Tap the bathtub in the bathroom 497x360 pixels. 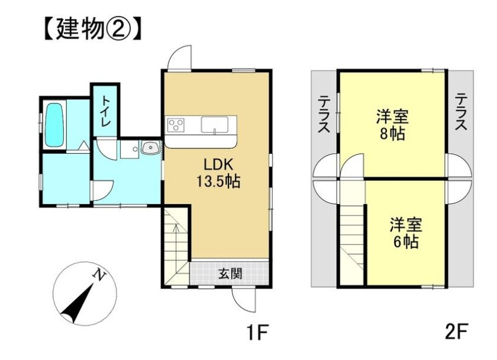(x=54, y=125)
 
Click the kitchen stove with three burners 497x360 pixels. (x=176, y=125)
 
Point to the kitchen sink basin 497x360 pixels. (x=214, y=125)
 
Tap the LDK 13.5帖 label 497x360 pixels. (x=218, y=173)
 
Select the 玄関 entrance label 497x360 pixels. (x=230, y=274)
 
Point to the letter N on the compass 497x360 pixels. (x=99, y=274)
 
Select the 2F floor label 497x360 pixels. (x=456, y=331)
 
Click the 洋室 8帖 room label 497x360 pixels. (x=392, y=124)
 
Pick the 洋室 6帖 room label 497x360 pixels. (x=406, y=233)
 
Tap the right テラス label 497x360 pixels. (x=461, y=112)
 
